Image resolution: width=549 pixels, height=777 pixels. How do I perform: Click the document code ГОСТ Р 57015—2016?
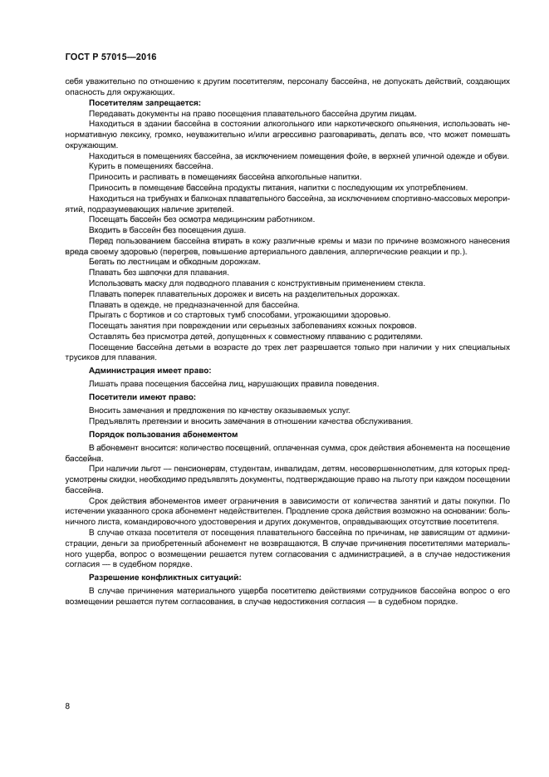pos(110,57)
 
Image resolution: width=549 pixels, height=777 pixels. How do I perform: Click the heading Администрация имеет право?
pos(150,369)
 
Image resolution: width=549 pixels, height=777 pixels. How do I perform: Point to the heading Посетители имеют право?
pos(142,397)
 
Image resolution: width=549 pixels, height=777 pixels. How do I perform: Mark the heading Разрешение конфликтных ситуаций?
pos(164,576)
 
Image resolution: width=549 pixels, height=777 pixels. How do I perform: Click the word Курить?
pos(102,165)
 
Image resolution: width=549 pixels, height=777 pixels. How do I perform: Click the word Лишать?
pos(104,383)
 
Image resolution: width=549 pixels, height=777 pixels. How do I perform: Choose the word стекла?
pos(410,283)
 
